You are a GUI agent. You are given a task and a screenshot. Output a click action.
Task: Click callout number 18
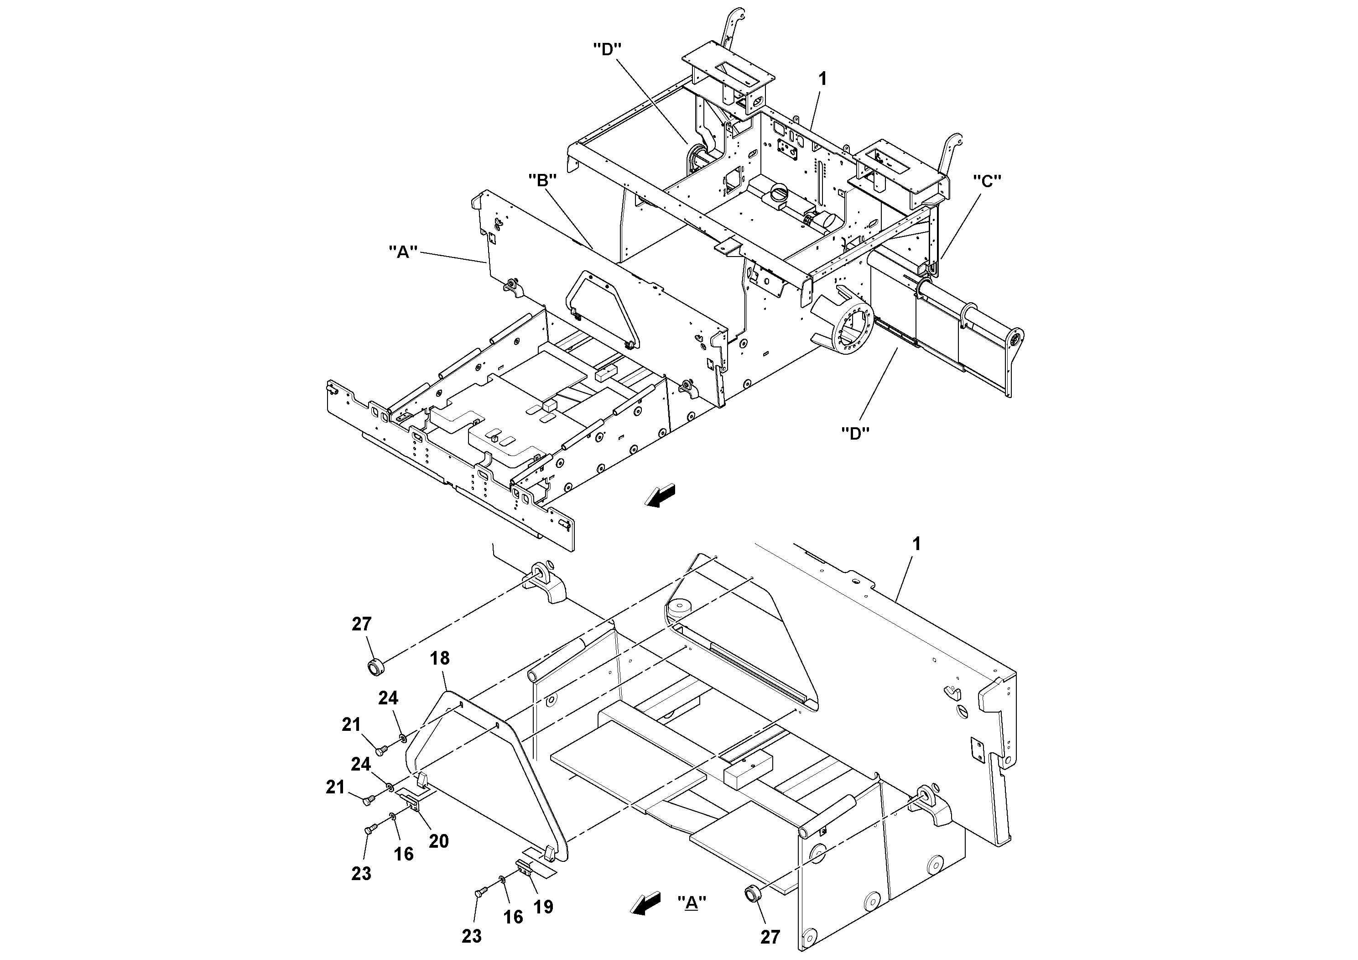click(439, 658)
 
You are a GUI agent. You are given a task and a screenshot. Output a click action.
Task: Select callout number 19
click(543, 906)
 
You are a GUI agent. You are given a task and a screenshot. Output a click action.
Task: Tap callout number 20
click(438, 840)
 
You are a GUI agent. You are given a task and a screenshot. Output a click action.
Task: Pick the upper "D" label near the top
click(608, 49)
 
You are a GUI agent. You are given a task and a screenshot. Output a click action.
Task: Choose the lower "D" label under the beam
click(855, 433)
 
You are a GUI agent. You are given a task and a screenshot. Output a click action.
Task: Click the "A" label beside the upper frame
click(403, 252)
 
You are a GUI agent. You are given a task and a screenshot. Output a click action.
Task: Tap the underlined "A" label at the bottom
click(691, 902)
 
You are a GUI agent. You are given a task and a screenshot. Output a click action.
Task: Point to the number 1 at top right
click(822, 79)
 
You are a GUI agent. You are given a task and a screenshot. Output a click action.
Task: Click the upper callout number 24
click(388, 698)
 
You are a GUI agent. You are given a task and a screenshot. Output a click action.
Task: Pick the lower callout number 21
click(335, 787)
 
